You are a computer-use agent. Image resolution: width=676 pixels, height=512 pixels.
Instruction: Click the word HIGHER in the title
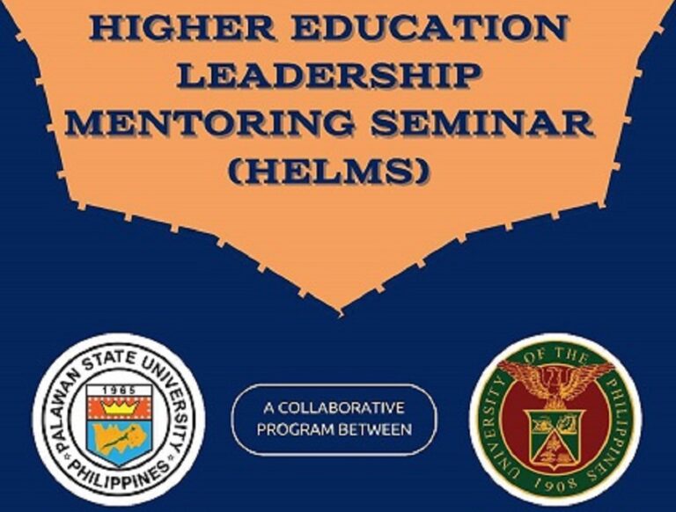coord(183,28)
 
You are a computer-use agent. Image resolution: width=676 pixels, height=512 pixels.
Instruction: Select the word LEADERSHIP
coord(330,75)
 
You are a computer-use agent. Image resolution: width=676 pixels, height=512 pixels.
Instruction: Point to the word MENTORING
coord(211,122)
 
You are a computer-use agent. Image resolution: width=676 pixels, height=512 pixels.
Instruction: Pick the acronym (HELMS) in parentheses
coord(329,171)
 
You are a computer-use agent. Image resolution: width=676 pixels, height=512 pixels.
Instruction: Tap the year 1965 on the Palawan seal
coord(119,391)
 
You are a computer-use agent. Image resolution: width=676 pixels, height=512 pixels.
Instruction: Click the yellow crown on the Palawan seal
coord(120,407)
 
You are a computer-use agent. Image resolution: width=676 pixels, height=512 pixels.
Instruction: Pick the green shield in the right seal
coord(555,437)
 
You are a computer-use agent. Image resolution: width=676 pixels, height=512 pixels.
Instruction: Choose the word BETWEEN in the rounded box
coord(373,429)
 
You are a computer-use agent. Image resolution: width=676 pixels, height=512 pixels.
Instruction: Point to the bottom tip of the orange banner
coord(341,311)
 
